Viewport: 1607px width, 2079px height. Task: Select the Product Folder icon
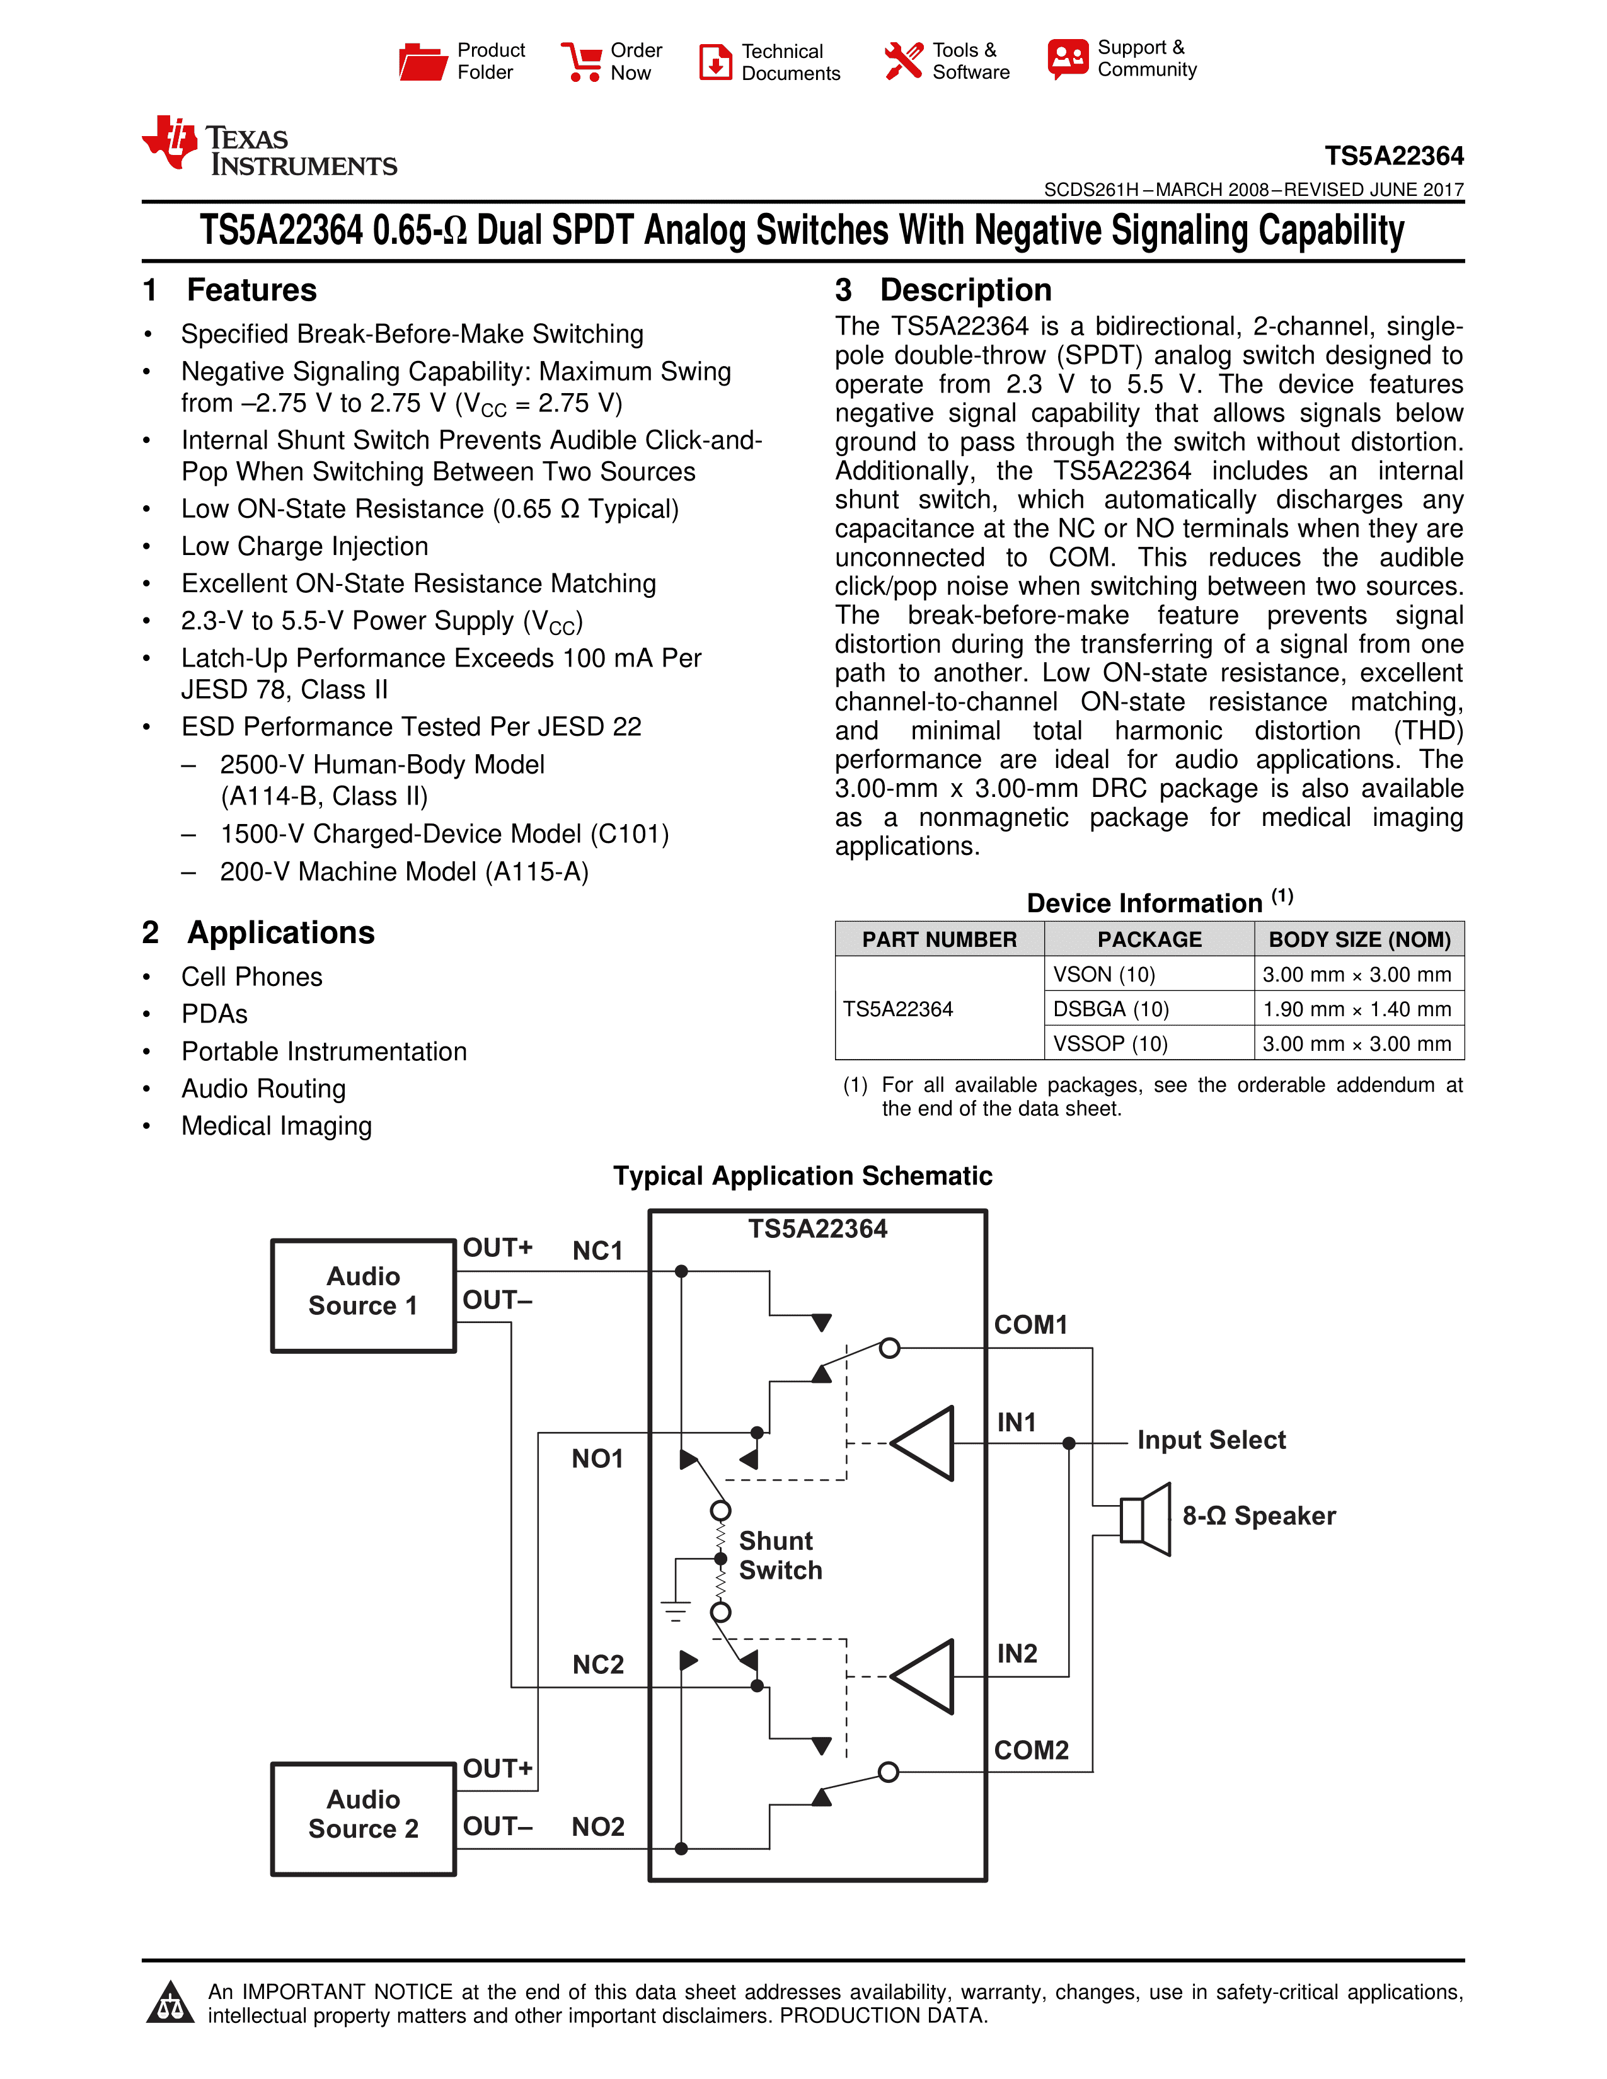coord(423,62)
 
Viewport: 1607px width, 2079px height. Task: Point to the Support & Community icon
coord(1067,59)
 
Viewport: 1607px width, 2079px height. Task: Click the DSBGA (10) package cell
coord(1110,1009)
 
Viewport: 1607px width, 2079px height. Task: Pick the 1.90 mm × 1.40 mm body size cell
coord(1357,1009)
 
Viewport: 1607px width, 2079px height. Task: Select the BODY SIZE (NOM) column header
coord(1359,939)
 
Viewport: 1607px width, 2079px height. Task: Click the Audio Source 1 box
coord(364,1295)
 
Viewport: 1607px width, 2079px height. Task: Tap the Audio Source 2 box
coord(364,1818)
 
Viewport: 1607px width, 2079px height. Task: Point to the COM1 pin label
coord(1031,1325)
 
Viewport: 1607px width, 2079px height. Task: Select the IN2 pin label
coord(1017,1654)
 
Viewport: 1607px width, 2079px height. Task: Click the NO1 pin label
coord(597,1458)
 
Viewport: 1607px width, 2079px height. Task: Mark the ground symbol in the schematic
coord(675,1610)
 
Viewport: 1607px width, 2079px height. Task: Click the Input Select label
coord(1211,1440)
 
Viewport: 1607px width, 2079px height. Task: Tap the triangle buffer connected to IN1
coord(923,1443)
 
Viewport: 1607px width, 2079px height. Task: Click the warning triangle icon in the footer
coord(170,2003)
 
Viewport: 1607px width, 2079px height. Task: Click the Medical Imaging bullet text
coord(276,1126)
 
